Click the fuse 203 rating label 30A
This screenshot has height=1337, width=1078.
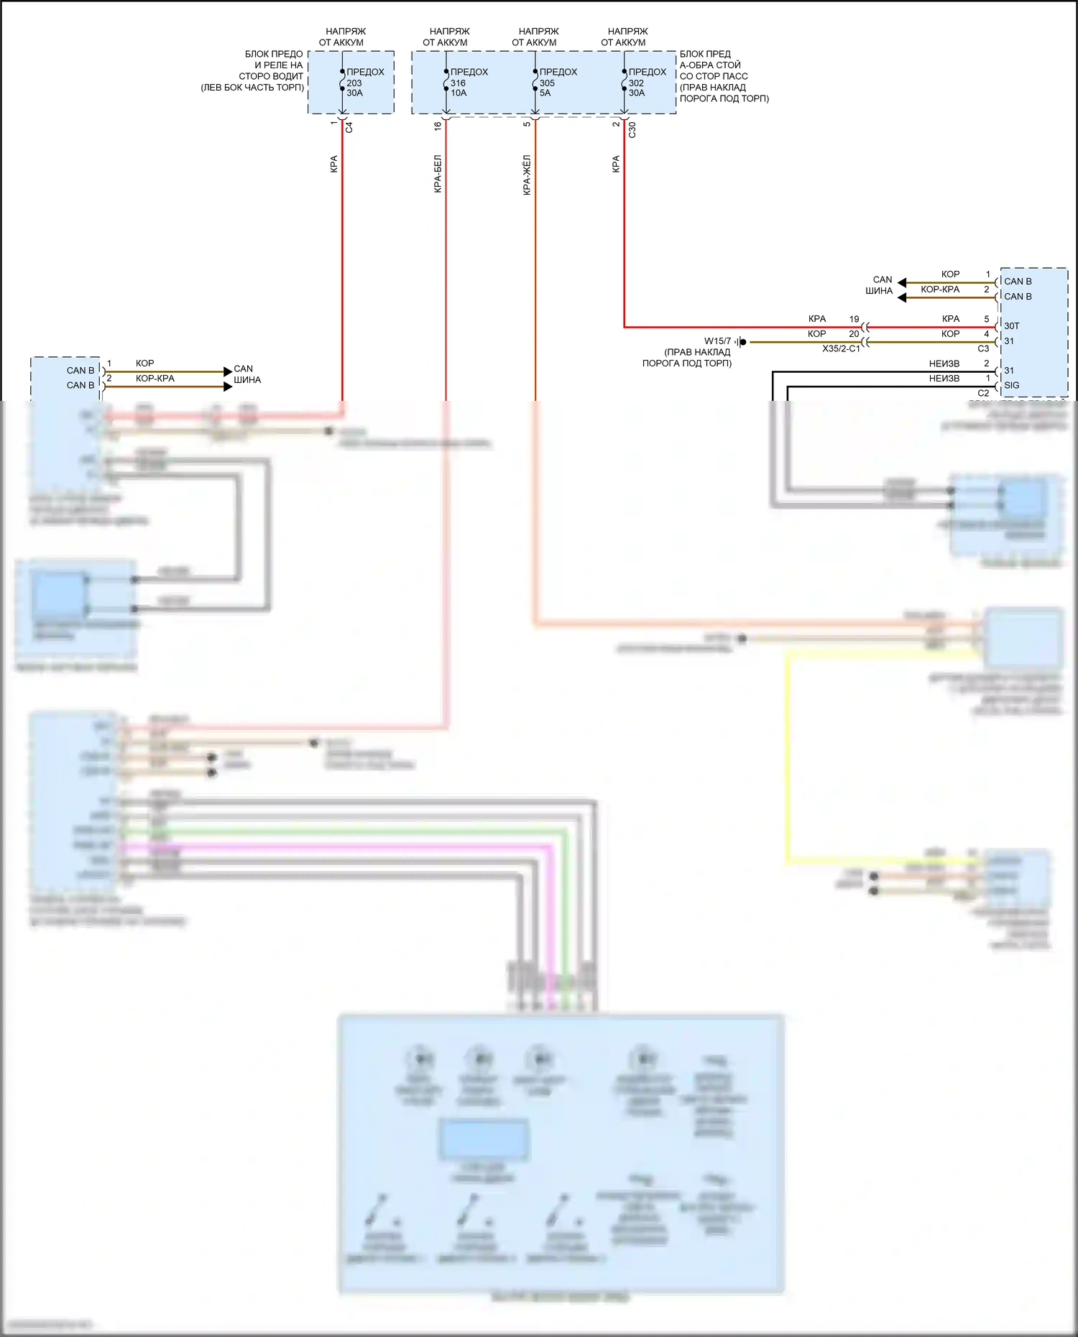coord(354,93)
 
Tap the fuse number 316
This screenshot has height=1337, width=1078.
coord(458,83)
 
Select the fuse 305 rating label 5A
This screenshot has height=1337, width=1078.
coord(545,93)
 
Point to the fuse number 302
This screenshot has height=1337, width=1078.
coord(636,83)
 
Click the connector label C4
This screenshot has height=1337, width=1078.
coord(349,127)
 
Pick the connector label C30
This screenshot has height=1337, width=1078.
coord(632,130)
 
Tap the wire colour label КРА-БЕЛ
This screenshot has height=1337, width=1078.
coord(438,174)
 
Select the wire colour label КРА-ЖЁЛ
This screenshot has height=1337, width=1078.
coord(527,175)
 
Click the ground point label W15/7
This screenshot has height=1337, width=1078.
coord(717,341)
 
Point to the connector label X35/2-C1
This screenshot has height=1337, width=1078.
coord(841,348)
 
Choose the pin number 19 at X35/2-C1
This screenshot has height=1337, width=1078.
coord(854,319)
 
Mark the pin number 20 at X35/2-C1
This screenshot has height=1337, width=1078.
coord(854,334)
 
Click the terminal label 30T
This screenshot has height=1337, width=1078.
coord(1012,326)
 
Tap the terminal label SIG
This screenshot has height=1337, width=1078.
coord(1012,386)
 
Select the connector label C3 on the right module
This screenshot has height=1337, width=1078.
coord(983,348)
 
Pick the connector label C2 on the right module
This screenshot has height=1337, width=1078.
coord(983,393)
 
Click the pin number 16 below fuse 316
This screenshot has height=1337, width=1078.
coord(438,125)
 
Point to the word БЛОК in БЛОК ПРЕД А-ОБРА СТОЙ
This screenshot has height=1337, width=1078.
coord(693,54)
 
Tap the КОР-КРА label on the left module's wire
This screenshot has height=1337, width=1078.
coord(155,379)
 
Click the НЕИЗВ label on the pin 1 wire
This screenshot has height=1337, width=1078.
coord(944,379)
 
